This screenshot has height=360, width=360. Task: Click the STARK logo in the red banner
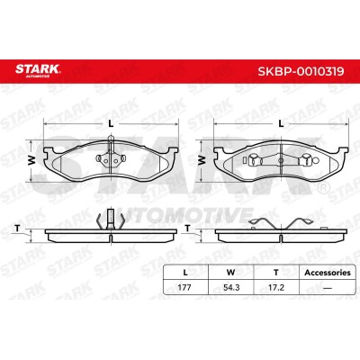(x=38, y=71)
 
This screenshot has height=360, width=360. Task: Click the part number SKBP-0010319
(x=301, y=71)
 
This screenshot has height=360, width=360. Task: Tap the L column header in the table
(x=185, y=273)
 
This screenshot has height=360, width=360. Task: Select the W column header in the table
(x=230, y=273)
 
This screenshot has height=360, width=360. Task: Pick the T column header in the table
(x=276, y=273)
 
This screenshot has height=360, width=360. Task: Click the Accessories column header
(x=328, y=273)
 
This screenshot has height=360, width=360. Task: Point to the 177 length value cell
(x=184, y=287)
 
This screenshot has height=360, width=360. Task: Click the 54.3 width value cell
(x=231, y=287)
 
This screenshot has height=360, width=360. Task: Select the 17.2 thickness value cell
(x=276, y=287)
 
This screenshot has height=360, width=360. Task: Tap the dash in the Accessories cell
(x=328, y=288)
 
